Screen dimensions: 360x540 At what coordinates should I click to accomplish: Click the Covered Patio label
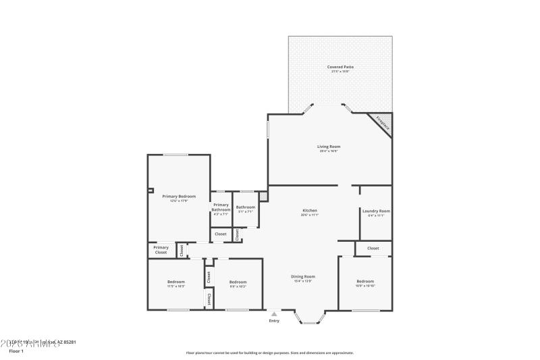[340, 67]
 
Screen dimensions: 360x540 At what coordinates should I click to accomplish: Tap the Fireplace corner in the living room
[382, 122]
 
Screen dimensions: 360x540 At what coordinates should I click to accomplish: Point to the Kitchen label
[310, 211]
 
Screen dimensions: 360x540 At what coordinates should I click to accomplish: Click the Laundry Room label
[376, 211]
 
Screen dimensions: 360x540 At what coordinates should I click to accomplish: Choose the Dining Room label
[303, 276]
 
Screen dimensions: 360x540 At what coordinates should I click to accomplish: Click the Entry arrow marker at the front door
[273, 313]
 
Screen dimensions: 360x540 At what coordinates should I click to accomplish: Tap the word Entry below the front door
[273, 321]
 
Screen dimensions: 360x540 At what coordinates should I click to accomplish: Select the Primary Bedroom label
[178, 196]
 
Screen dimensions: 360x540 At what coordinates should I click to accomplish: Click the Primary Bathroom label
[221, 207]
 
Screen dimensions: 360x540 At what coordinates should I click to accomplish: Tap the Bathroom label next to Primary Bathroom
[245, 207]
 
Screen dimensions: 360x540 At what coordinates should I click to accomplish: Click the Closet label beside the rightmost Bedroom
[373, 249]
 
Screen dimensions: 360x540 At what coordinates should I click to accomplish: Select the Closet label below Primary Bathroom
[221, 234]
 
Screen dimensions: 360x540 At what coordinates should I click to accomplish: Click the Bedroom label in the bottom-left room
[175, 281]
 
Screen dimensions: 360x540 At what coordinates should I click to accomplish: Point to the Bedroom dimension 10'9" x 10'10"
[364, 286]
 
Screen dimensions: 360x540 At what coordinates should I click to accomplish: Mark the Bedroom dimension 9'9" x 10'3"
[238, 286]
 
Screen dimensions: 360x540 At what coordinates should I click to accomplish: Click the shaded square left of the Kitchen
[263, 197]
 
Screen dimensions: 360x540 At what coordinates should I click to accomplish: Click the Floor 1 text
[16, 351]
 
